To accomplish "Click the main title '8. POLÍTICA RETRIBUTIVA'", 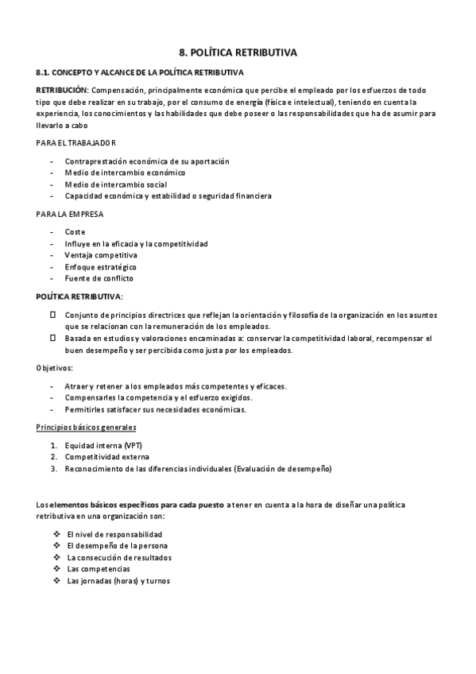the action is (238, 53).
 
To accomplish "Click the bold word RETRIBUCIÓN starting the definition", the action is (63, 90).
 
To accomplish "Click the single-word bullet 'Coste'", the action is (75, 232).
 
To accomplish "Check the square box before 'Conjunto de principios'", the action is (53, 316).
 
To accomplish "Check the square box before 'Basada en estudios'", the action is (53, 339).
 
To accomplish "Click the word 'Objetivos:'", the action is (55, 369).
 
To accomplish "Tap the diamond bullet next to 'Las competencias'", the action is (56, 569).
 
